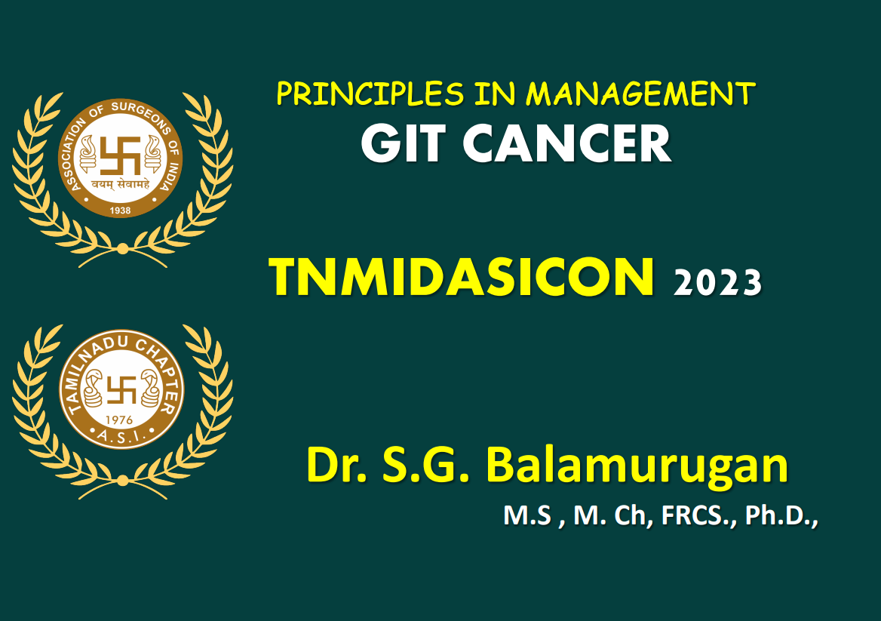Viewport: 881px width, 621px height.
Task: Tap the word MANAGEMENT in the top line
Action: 640,94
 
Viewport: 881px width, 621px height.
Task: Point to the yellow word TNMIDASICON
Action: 461,277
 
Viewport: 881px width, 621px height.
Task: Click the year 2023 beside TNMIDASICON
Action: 717,283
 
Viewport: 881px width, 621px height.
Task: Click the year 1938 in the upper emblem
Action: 121,211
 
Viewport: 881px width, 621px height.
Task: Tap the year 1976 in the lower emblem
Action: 121,419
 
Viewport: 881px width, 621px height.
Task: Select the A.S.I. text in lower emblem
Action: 121,435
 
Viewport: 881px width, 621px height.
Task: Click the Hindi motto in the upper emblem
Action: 121,182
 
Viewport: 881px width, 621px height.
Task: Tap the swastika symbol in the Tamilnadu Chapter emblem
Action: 121,391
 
